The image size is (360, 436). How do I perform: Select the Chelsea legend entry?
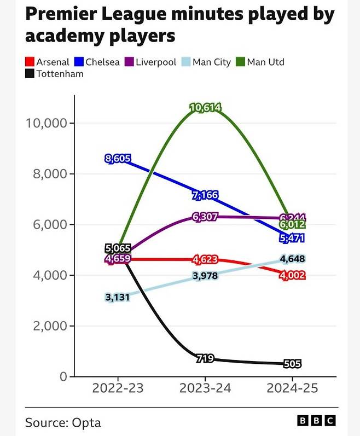pos(98,62)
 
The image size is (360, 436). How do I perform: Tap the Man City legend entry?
pos(207,62)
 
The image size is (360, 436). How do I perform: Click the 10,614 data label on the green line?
pos(205,108)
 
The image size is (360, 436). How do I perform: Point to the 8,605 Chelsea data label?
pos(117,159)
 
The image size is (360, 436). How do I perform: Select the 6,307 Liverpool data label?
pos(205,217)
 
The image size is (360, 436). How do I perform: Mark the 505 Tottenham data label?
pos(293,364)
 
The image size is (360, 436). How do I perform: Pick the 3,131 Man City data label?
pos(117,297)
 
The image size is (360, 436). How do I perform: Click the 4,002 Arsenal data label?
pos(293,276)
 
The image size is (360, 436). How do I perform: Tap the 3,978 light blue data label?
pos(205,276)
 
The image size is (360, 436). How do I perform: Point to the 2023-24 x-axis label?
pos(205,388)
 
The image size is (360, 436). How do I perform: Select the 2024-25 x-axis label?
pos(293,388)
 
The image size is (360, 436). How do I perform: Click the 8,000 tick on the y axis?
pos(46,174)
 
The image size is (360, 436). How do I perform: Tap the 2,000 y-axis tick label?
pos(46,326)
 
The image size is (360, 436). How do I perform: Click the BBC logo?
pos(316,421)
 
